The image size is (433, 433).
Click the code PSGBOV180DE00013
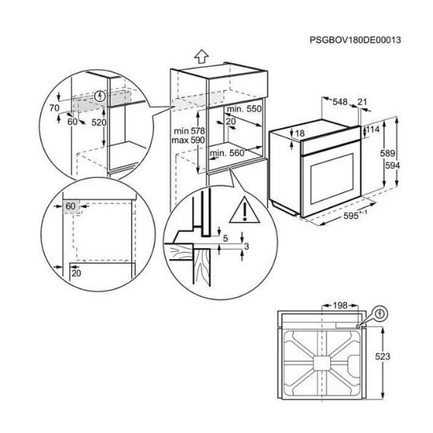point(355,40)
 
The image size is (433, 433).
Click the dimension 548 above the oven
point(340,102)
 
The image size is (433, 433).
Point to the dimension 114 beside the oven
point(373,129)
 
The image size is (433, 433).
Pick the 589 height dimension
point(387,153)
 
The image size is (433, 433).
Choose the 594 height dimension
point(392,166)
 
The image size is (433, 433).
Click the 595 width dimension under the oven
point(351,216)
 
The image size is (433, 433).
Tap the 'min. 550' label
point(244,109)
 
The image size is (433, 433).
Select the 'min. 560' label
point(227,153)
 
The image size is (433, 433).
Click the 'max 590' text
point(188,140)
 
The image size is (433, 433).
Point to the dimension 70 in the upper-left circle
point(54,108)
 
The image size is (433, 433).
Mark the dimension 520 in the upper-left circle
point(99,122)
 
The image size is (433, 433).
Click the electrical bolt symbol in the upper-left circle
point(100,96)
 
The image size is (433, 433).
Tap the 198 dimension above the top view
point(340,306)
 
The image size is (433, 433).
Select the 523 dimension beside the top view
point(382,357)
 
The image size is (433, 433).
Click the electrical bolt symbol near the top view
point(381,313)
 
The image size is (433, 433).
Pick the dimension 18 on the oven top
point(299,134)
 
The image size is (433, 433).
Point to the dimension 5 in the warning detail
point(226,238)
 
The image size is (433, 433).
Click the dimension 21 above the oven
point(362,102)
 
